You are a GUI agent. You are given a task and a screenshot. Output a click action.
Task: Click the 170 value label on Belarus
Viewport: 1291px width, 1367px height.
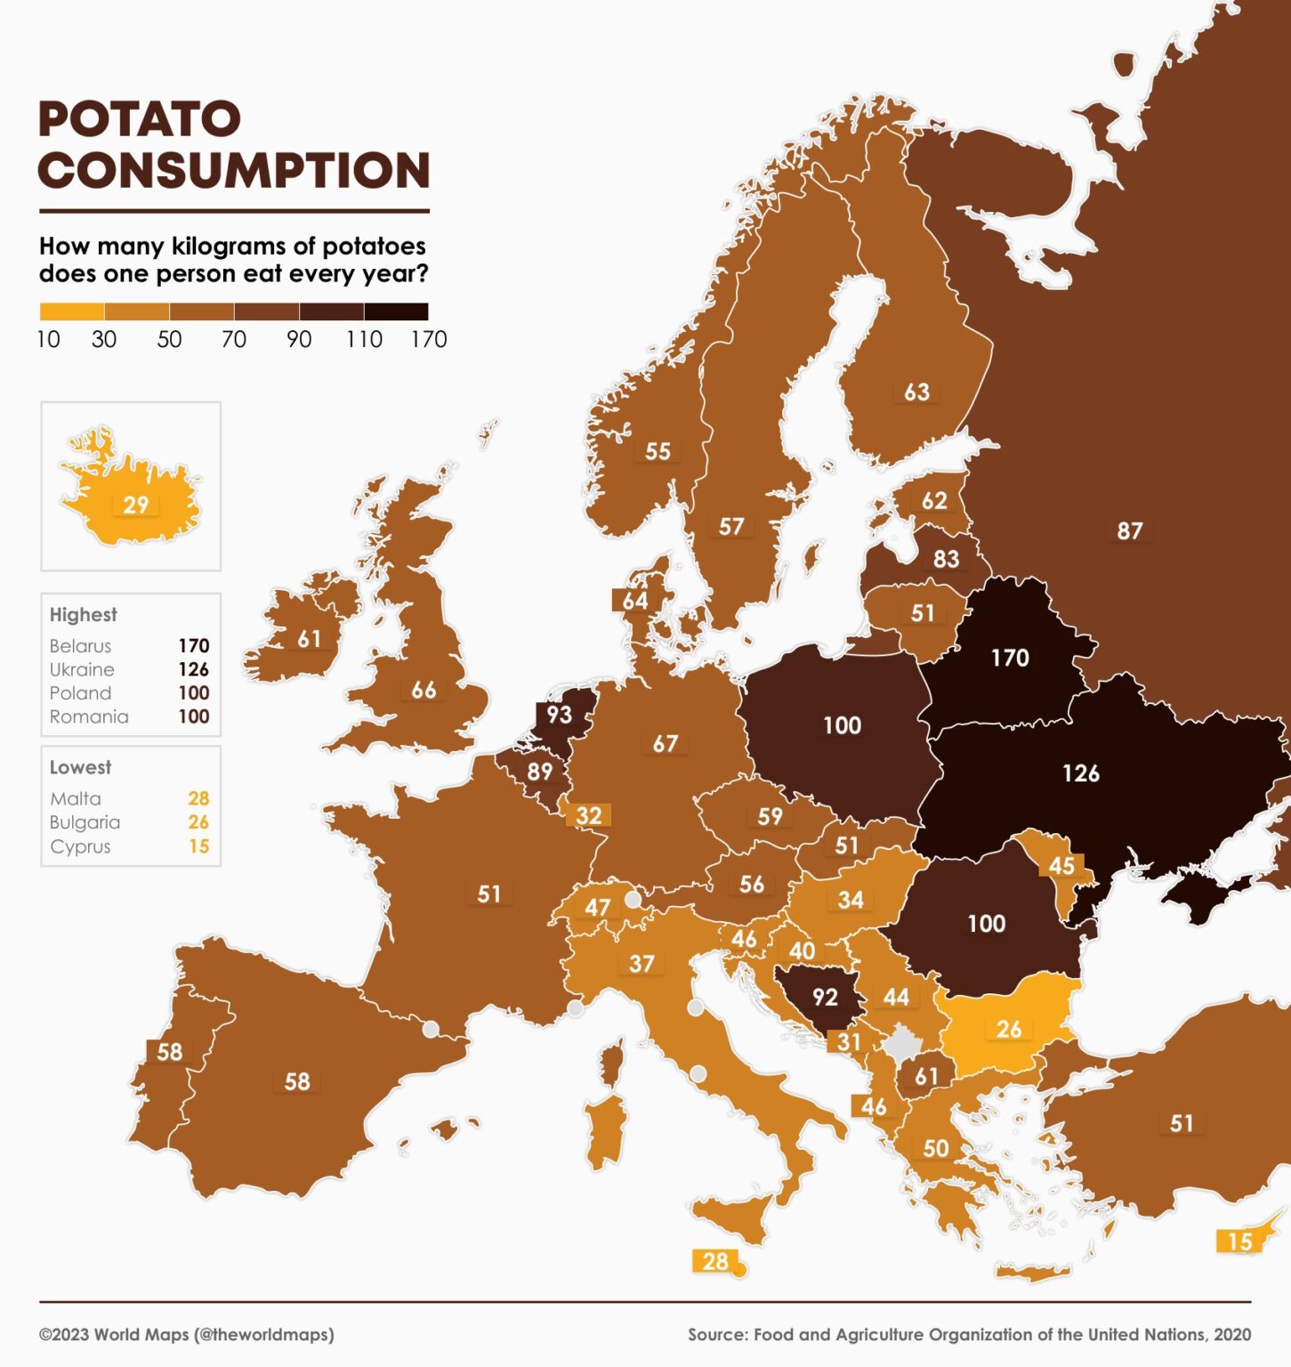click(1010, 658)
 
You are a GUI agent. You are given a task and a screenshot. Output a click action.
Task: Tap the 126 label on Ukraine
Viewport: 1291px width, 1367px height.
click(1081, 773)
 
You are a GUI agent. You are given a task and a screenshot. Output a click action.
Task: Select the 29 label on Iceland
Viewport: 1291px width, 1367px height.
click(135, 506)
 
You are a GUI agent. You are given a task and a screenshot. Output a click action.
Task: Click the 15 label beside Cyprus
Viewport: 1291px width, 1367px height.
click(1239, 1242)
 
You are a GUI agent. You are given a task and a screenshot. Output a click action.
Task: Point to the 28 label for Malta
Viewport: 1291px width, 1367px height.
click(715, 1261)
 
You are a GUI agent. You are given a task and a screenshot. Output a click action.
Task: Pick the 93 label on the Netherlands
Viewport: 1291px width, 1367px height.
click(559, 715)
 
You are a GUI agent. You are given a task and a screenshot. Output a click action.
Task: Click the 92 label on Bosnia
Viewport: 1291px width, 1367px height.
click(825, 997)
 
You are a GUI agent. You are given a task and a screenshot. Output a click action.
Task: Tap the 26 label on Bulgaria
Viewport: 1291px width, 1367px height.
click(1008, 1030)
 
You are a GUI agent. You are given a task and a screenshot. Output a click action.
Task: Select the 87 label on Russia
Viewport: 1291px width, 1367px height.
click(1129, 531)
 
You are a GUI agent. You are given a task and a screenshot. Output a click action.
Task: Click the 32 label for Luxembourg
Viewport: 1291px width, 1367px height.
click(589, 815)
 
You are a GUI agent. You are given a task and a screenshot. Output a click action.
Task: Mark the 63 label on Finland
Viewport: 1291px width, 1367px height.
click(916, 392)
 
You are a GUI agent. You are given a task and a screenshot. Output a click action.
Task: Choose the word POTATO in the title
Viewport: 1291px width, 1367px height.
click(140, 119)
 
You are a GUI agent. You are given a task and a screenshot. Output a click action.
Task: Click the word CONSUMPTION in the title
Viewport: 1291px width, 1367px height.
click(234, 171)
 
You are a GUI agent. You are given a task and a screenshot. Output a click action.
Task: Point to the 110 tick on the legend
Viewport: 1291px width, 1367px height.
click(364, 340)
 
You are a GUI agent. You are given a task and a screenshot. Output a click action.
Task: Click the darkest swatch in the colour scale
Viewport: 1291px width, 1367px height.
click(396, 311)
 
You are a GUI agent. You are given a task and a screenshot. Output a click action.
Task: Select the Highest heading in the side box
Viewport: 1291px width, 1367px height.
click(83, 615)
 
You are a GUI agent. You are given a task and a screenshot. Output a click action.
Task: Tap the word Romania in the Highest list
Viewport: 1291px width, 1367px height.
click(89, 716)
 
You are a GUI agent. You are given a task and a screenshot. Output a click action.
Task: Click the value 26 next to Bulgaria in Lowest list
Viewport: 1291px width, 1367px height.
click(198, 822)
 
